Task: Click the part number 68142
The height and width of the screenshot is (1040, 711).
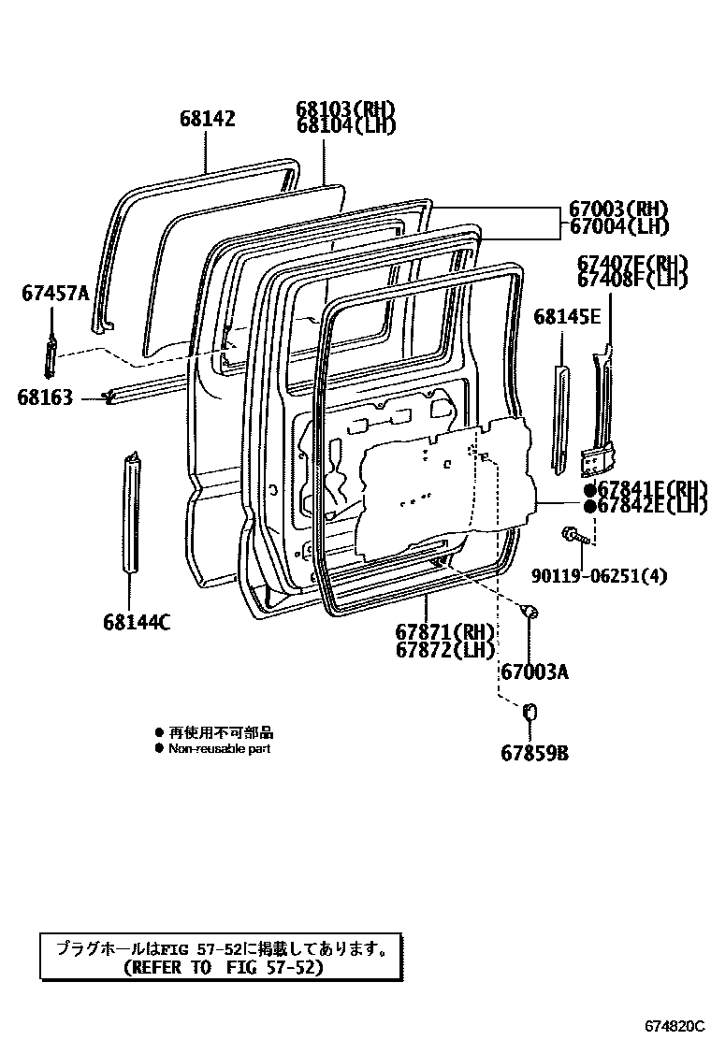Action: pos(207,119)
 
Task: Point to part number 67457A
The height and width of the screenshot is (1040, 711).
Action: pos(55,295)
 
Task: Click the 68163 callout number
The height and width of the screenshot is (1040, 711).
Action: pos(44,397)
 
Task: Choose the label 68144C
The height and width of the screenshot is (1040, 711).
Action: pos(137,622)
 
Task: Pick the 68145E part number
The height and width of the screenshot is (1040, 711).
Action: pos(567,317)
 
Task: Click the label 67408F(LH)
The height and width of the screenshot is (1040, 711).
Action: pos(632,279)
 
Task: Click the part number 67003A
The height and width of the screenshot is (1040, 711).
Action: pos(534,672)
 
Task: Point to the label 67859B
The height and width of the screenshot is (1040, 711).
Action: pos(534,753)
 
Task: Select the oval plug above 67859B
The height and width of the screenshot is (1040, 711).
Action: pos(530,713)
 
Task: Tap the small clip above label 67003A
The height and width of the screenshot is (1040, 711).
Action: pos(530,613)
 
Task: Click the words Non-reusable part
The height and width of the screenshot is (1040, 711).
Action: pos(219,749)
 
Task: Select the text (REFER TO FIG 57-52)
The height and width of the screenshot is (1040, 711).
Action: pos(223,968)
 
